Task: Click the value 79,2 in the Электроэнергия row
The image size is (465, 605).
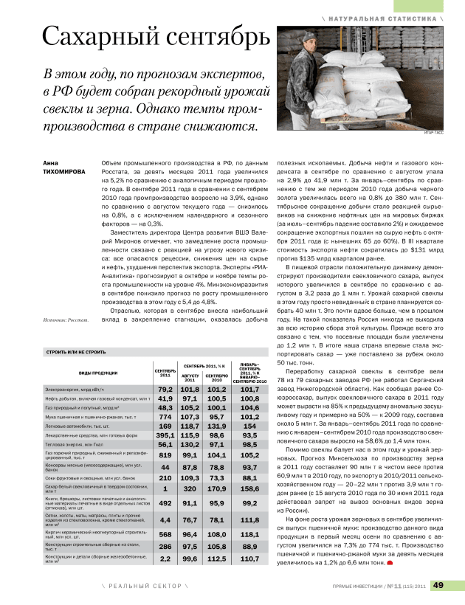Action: coord(165,389)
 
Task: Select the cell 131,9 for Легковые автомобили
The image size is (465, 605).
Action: coord(216,426)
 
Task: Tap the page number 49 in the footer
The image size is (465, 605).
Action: coord(438,586)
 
